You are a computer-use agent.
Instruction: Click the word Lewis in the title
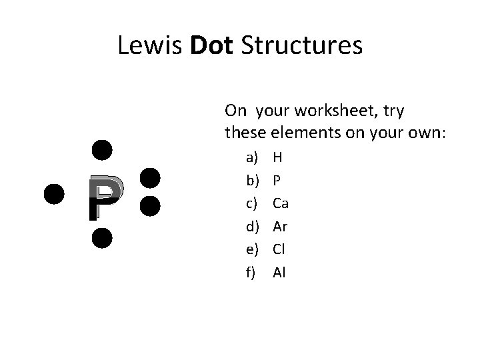tap(144, 47)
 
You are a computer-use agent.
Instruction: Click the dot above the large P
tap(101, 150)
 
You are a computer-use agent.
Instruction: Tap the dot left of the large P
tap(53, 194)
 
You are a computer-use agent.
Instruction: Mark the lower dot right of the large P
tap(151, 205)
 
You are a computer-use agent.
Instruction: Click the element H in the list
tap(278, 157)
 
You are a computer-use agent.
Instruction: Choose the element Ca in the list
tap(281, 203)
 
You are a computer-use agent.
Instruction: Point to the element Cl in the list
tap(279, 249)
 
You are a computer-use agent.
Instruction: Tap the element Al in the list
tap(279, 272)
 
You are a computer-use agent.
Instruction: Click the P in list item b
tap(277, 181)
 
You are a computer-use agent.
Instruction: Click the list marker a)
tap(252, 158)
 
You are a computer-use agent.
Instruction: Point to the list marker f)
tap(251, 272)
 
